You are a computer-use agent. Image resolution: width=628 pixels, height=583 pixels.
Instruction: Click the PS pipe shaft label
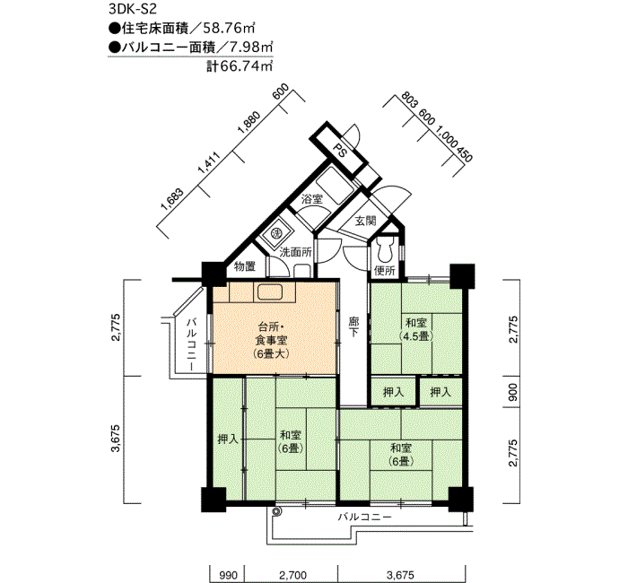pyautogui.click(x=340, y=151)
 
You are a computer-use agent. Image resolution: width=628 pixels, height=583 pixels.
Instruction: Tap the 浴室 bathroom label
pyautogui.click(x=312, y=198)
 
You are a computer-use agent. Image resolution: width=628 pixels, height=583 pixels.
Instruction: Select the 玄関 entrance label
pyautogui.click(x=365, y=221)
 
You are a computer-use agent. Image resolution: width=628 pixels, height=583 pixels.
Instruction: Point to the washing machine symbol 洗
pyautogui.click(x=275, y=232)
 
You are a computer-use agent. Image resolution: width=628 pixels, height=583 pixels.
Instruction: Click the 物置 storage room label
pyautogui.click(x=244, y=265)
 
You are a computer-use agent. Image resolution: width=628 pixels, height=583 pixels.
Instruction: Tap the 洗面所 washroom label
pyautogui.click(x=295, y=252)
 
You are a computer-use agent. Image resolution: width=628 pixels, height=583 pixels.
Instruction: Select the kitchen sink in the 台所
pyautogui.click(x=270, y=291)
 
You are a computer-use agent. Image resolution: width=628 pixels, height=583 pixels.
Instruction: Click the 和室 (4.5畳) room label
pyautogui.click(x=416, y=329)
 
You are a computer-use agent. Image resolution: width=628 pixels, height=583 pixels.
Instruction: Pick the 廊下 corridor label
pyautogui.click(x=353, y=326)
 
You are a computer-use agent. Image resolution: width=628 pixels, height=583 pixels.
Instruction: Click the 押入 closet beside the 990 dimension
pyautogui.click(x=228, y=439)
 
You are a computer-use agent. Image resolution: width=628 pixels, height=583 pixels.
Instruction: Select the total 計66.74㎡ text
pyautogui.click(x=240, y=65)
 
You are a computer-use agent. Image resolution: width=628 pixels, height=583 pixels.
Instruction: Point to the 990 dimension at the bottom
pyautogui.click(x=228, y=576)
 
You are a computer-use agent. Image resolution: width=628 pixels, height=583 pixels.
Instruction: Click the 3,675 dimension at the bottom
pyautogui.click(x=400, y=576)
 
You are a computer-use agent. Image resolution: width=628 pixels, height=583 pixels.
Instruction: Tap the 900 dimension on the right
pyautogui.click(x=512, y=393)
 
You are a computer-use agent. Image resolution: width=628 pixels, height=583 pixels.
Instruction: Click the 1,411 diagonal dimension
pyautogui.click(x=209, y=162)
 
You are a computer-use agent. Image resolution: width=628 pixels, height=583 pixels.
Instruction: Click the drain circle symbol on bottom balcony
pyautogui.click(x=275, y=511)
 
